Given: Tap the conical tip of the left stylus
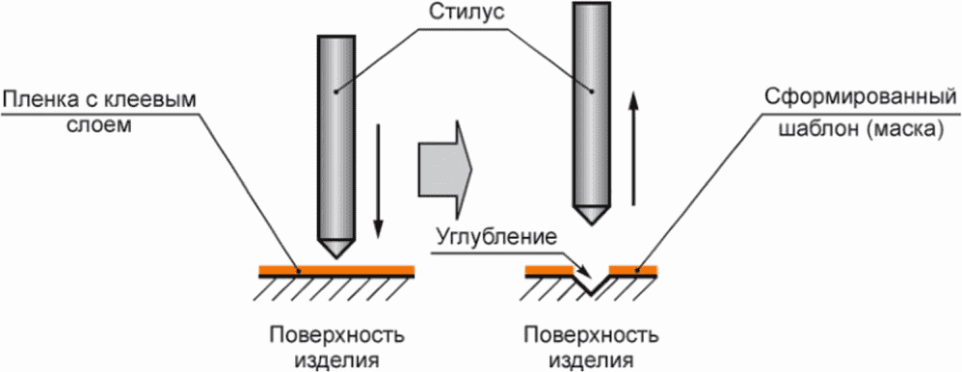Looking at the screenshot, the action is [x=336, y=248].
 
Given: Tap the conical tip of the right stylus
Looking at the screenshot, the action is [x=592, y=214].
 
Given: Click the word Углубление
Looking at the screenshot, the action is [x=496, y=237].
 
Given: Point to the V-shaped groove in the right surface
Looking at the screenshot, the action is [x=591, y=285].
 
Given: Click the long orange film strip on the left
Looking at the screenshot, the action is [x=336, y=270].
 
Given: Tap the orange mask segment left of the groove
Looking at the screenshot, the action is [x=549, y=270].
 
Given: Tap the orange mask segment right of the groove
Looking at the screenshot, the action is [x=633, y=270].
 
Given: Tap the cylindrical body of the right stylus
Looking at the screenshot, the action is [x=592, y=104].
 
